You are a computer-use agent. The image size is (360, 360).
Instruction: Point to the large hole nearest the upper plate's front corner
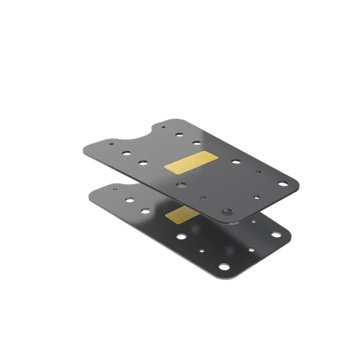(x=227, y=212)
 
